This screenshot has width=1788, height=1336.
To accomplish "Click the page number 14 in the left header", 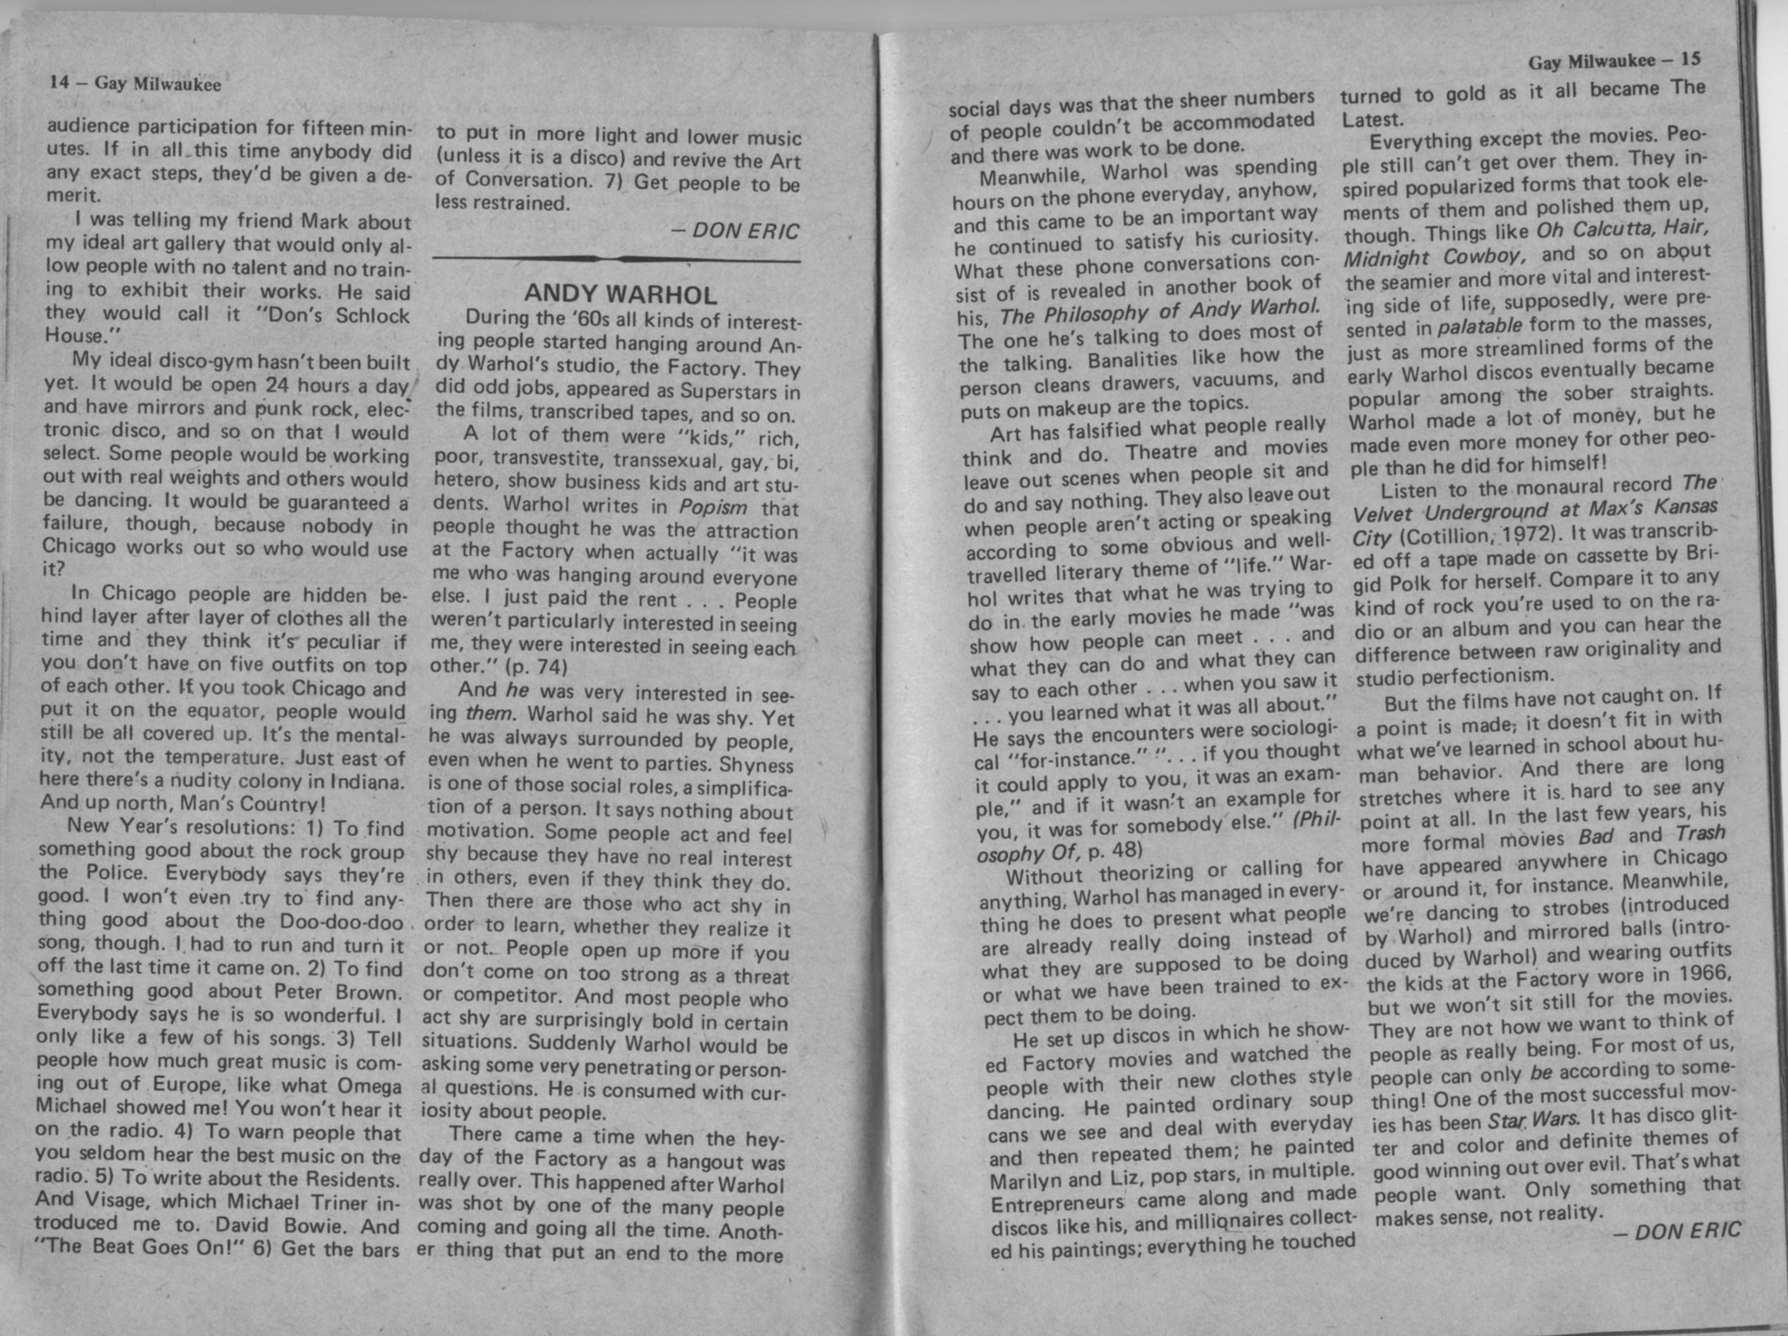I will click(59, 82).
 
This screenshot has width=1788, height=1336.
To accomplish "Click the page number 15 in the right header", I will click(1689, 60).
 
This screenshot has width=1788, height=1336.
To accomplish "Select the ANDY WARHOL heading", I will click(620, 294).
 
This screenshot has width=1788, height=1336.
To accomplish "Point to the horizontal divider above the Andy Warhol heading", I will click(617, 258).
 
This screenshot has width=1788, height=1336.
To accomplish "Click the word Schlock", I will click(373, 315).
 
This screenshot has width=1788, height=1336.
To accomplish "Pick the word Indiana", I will click(364, 781).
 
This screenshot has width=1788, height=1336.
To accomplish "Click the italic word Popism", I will click(714, 507).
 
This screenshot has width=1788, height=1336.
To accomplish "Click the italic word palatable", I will click(1481, 326).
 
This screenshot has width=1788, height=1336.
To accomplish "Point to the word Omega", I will click(369, 1084).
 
